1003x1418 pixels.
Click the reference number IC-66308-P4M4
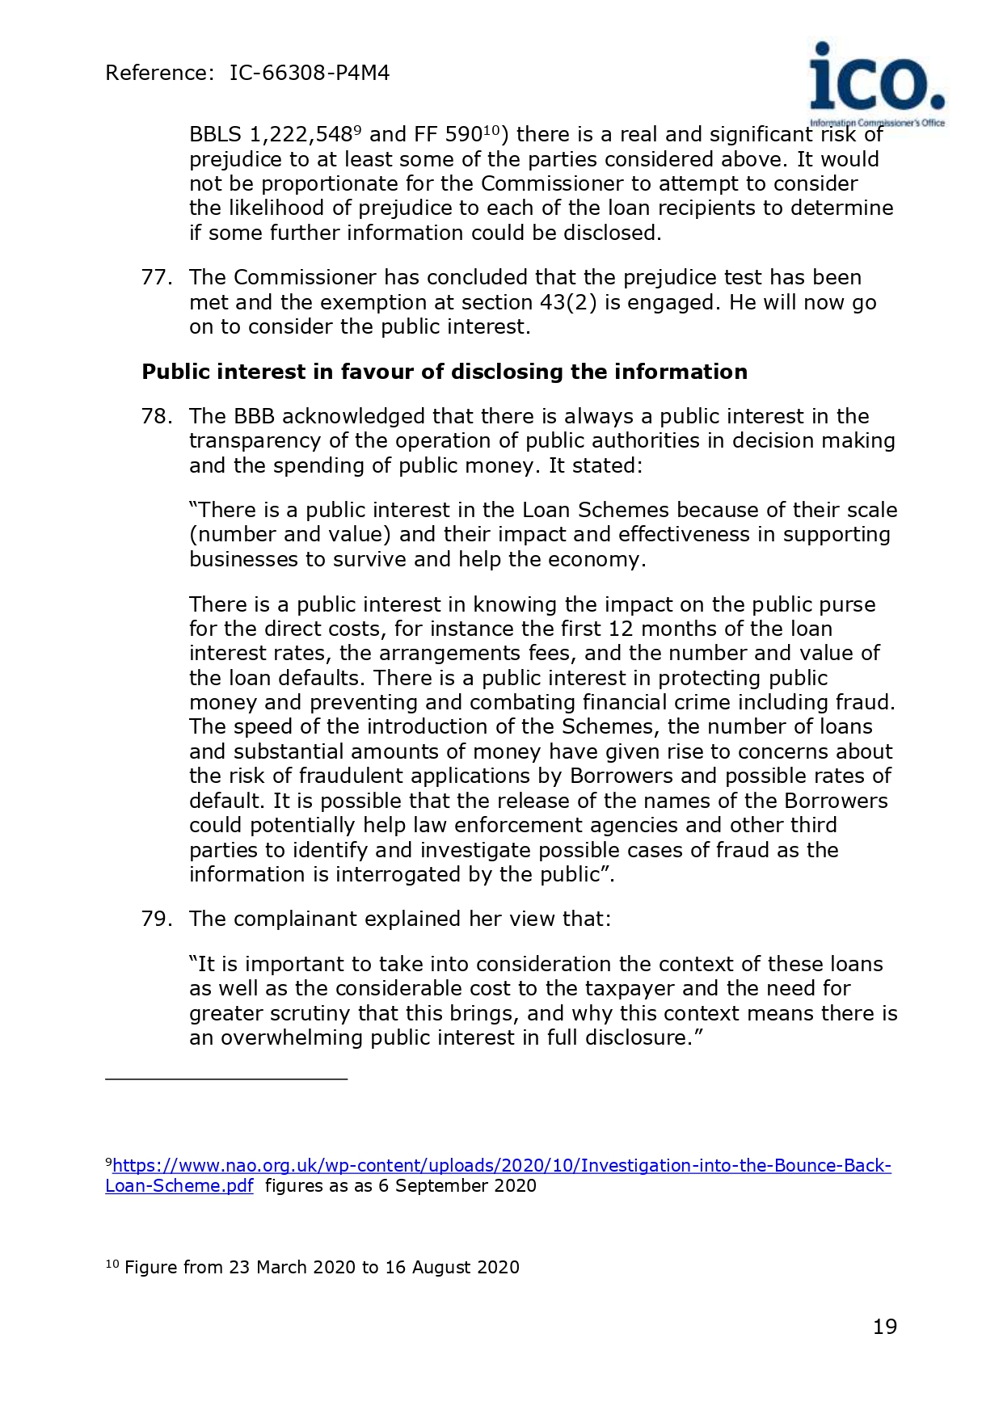click(x=309, y=74)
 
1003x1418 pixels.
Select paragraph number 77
click(x=156, y=278)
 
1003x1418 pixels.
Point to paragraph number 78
click(x=156, y=417)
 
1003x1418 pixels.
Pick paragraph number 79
click(x=156, y=919)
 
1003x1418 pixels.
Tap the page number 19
click(x=885, y=1327)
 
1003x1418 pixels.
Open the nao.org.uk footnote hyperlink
click(x=501, y=1166)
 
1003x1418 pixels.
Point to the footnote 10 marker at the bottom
click(x=112, y=1265)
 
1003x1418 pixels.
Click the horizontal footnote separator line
click(x=226, y=1079)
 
